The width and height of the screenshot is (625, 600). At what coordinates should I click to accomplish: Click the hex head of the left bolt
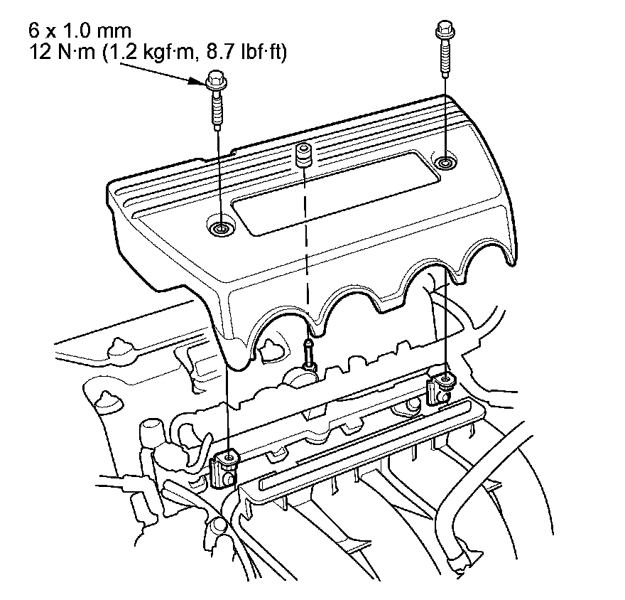coord(217,80)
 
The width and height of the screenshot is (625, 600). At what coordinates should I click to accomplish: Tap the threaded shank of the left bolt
coord(217,110)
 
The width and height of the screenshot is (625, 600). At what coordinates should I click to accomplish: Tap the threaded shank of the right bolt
coord(445,58)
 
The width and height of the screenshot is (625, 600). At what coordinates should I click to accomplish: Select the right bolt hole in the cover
coord(444,162)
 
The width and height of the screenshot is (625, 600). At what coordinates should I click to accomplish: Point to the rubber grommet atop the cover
coord(304,156)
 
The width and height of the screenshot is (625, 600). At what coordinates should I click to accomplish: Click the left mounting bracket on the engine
coord(224,470)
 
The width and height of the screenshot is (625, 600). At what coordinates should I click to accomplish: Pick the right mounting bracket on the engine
coord(440,387)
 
